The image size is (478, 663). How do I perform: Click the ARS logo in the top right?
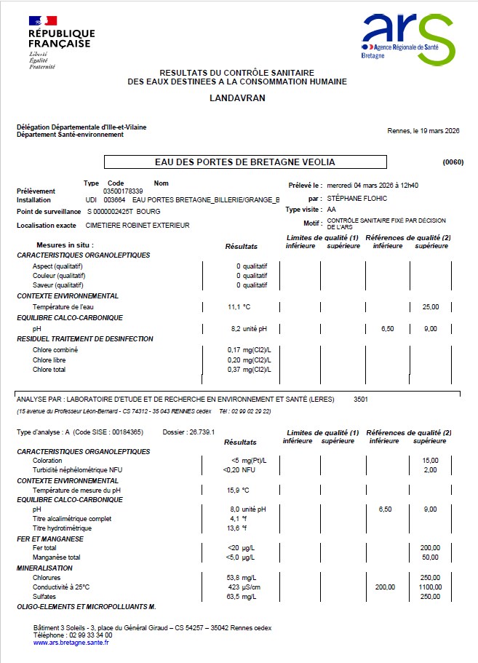click(x=408, y=37)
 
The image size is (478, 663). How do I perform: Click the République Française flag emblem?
click(x=44, y=22)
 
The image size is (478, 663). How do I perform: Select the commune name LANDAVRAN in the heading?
click(x=237, y=97)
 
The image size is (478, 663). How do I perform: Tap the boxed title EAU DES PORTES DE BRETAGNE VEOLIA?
click(x=245, y=162)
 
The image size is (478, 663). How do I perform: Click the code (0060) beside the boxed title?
click(x=453, y=162)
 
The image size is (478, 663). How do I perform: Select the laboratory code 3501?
click(x=362, y=400)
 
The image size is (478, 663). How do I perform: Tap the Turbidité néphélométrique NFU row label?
click(x=76, y=470)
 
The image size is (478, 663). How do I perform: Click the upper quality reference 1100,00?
click(x=430, y=587)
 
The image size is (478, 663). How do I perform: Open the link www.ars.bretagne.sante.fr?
click(x=71, y=642)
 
